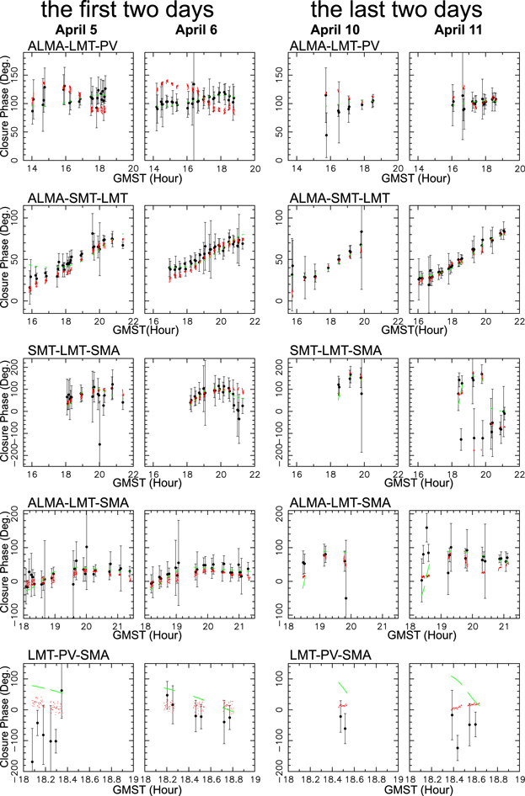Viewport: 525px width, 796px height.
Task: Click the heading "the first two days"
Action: (121, 12)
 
